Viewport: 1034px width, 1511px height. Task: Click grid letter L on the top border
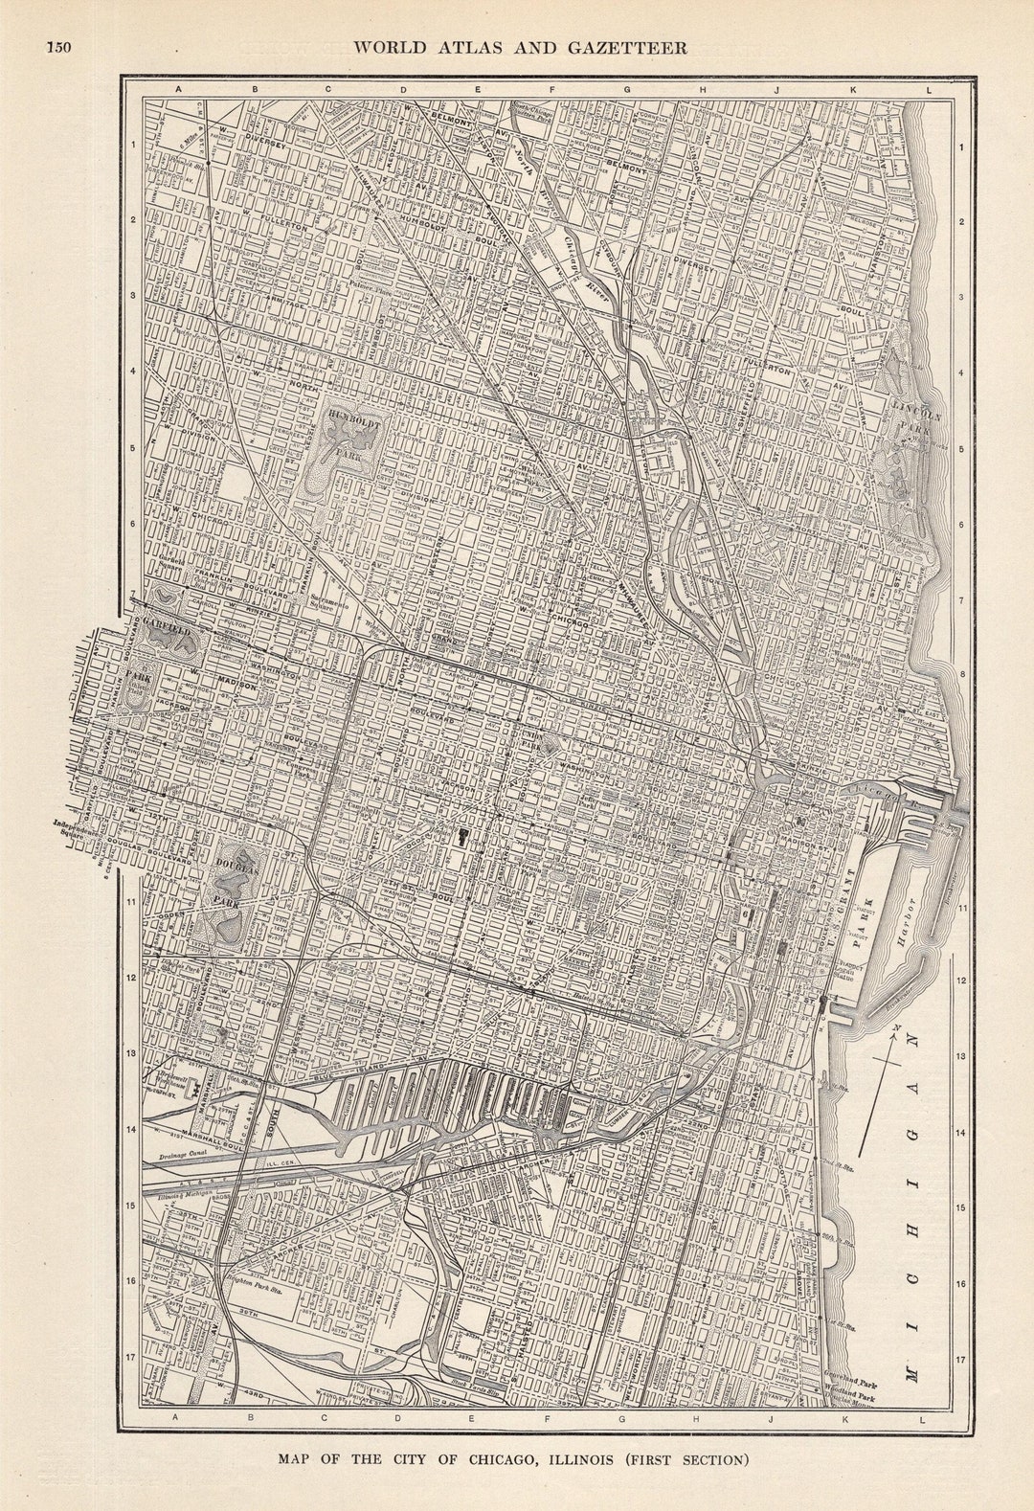pos(928,90)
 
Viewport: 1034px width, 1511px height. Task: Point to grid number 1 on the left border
pos(134,145)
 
